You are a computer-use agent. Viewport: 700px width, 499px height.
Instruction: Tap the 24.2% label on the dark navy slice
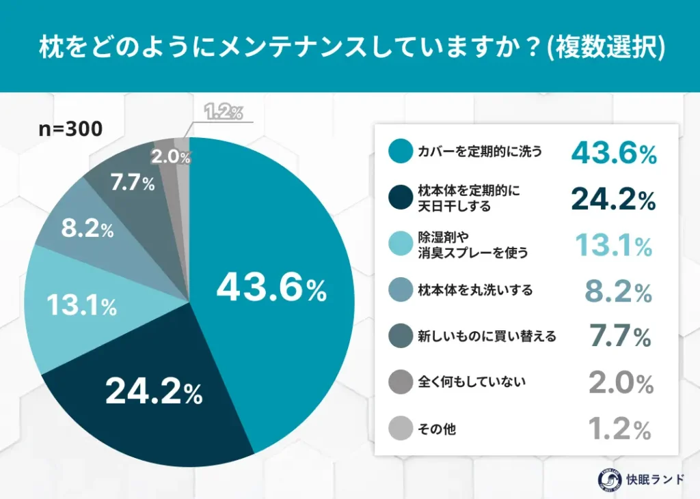pyautogui.click(x=154, y=391)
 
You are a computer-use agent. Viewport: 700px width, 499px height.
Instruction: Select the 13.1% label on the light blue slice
pyautogui.click(x=81, y=306)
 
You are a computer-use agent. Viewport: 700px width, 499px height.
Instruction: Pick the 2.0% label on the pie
pyautogui.click(x=170, y=157)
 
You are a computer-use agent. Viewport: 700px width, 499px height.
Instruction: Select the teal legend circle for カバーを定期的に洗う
pyautogui.click(x=400, y=152)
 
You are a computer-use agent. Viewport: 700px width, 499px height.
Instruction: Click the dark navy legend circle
pyautogui.click(x=400, y=199)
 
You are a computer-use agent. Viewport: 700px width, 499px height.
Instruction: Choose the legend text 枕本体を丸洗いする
pyautogui.click(x=465, y=291)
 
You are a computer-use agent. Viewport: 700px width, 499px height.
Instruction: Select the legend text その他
pyautogui.click(x=437, y=429)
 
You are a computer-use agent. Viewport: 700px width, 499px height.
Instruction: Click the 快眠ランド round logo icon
pyautogui.click(x=600, y=479)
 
